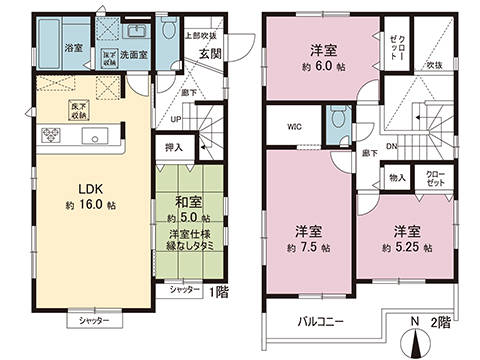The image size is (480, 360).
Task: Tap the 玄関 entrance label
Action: [x=210, y=54]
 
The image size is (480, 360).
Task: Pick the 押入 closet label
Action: [x=172, y=146]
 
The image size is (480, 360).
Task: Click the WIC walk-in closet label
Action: [x=297, y=127]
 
